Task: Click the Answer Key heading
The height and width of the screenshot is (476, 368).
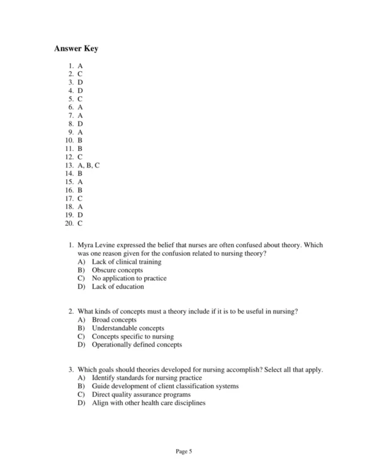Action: pyautogui.click(x=76, y=48)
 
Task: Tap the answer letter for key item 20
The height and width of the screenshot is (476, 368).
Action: pyautogui.click(x=80, y=223)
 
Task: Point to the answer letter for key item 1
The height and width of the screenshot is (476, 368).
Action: pyautogui.click(x=80, y=66)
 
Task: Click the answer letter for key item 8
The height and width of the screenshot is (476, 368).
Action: pyautogui.click(x=80, y=124)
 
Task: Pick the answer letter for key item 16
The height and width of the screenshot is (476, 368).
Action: pyautogui.click(x=80, y=190)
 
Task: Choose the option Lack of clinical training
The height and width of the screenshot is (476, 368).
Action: pyautogui.click(x=126, y=262)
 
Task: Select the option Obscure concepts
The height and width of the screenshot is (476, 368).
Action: pyautogui.click(x=117, y=270)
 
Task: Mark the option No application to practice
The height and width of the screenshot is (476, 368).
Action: pyautogui.click(x=129, y=278)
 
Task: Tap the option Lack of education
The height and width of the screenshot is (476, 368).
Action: pyautogui.click(x=118, y=286)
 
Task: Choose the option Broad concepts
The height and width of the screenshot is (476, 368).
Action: pyautogui.click(x=114, y=320)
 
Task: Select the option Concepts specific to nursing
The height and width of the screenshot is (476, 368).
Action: pyautogui.click(x=132, y=336)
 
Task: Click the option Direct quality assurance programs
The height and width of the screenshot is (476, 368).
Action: pyautogui.click(x=141, y=394)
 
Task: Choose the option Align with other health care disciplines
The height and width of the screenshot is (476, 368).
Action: pyautogui.click(x=148, y=403)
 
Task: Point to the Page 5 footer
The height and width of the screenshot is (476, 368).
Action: pyautogui.click(x=184, y=451)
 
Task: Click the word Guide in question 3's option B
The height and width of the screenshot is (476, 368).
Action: pyautogui.click(x=101, y=386)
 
